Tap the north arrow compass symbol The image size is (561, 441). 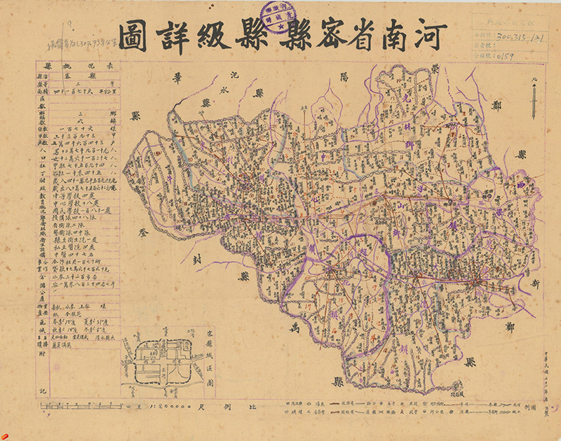pos(533,98)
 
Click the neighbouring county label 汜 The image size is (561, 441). pos(234,74)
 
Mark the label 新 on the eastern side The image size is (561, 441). pos(536,283)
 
